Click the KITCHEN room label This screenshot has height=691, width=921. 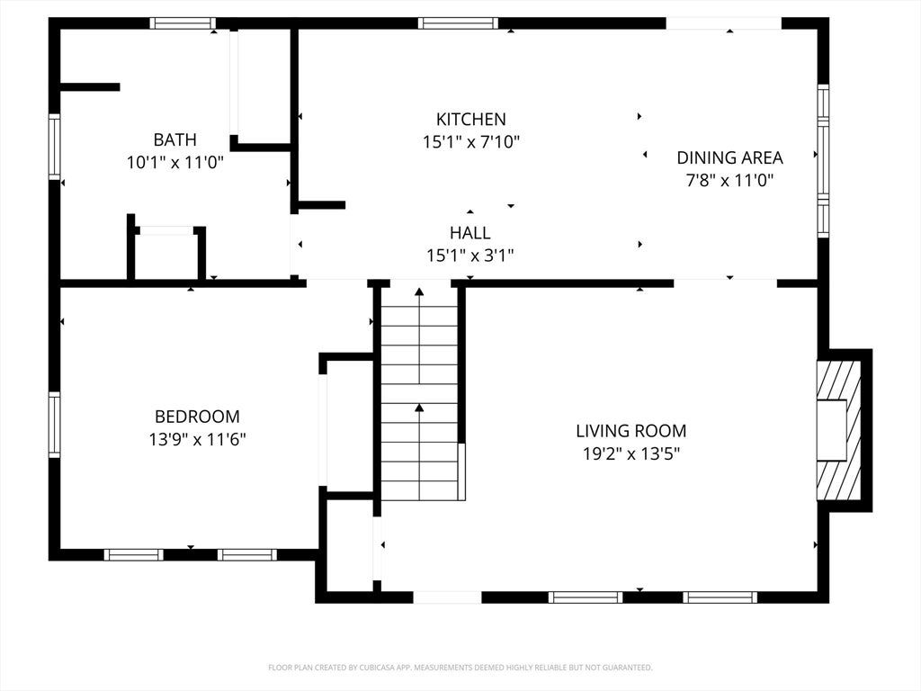pyautogui.click(x=470, y=120)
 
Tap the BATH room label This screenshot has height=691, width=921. pyautogui.click(x=174, y=139)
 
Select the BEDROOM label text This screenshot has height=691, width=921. pyautogui.click(x=197, y=417)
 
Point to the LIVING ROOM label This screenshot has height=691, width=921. pyautogui.click(x=630, y=431)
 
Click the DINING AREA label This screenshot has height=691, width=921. pyautogui.click(x=729, y=157)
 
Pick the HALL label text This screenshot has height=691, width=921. pyautogui.click(x=469, y=233)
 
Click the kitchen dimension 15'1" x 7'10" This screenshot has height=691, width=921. pyautogui.click(x=471, y=142)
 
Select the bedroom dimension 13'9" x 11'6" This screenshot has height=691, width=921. pyautogui.click(x=197, y=439)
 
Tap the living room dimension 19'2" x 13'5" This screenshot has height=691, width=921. pyautogui.click(x=631, y=454)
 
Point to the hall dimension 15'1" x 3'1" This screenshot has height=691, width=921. pyautogui.click(x=469, y=256)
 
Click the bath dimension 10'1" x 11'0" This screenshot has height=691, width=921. pyautogui.click(x=175, y=163)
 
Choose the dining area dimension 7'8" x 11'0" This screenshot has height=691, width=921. pyautogui.click(x=729, y=180)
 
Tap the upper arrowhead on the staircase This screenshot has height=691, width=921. pyautogui.click(x=419, y=292)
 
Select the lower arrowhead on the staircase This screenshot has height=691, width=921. pyautogui.click(x=419, y=407)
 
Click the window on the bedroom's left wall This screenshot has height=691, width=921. pyautogui.click(x=54, y=425)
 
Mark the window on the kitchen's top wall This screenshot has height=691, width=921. pyautogui.click(x=458, y=23)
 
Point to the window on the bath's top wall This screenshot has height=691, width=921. pyautogui.click(x=182, y=23)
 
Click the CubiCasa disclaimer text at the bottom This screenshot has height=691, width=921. pyautogui.click(x=460, y=668)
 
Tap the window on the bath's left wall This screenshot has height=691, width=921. pyautogui.click(x=54, y=147)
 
